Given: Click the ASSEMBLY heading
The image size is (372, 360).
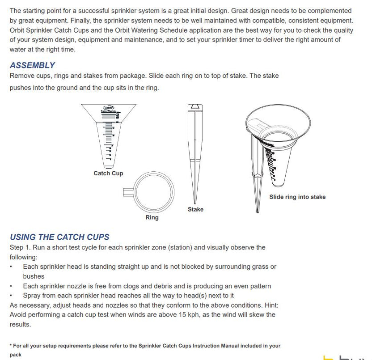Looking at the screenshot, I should point(32,65).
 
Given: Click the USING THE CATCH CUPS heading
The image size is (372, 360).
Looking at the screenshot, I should point(59,237).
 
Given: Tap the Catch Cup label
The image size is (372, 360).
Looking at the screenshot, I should point(108,174).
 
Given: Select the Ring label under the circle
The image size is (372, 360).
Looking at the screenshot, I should point(152,218).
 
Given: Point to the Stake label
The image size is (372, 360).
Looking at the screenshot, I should point(195,209).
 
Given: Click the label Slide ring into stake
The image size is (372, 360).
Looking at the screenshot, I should point(297,197).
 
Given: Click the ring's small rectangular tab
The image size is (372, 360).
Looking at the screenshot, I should point(129,192).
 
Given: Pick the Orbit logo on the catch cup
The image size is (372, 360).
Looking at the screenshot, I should point(108,107).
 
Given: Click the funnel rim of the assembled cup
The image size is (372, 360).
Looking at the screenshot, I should point(278,109).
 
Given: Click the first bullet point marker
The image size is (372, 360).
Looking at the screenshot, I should point(11,267).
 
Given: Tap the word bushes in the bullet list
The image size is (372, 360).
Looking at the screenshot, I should point(34,276).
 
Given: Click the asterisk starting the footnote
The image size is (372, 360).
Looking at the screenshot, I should point(11,346).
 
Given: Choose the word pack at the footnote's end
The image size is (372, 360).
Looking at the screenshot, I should point(16,355).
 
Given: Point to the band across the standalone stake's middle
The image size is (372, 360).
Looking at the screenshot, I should point(194,161).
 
